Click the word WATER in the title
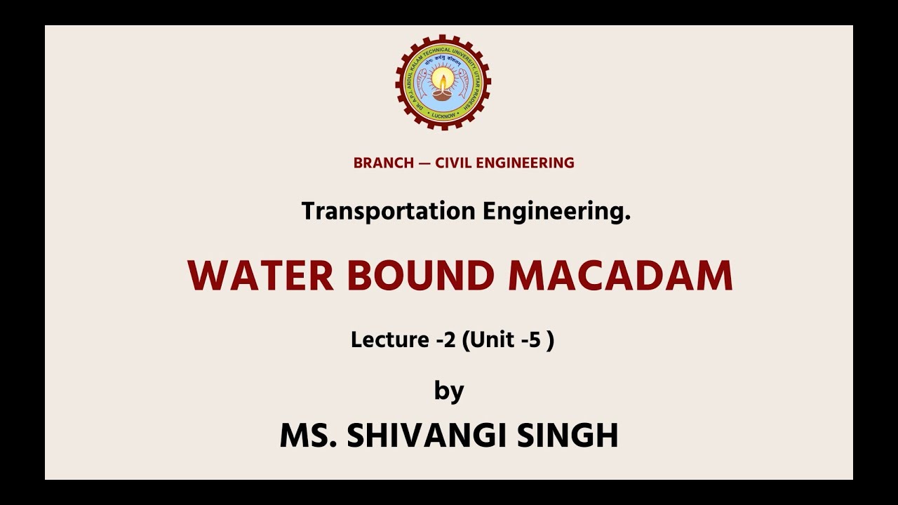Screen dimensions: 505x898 [260, 276]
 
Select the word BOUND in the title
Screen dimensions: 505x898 [421, 276]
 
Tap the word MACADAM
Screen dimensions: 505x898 [620, 276]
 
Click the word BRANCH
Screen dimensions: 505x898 [383, 163]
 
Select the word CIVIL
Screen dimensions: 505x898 [454, 163]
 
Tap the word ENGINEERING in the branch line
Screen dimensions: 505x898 [526, 163]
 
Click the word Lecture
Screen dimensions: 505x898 [389, 340]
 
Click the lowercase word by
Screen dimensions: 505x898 [449, 391]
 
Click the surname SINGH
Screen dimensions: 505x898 [568, 436]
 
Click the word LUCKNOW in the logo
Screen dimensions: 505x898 [443, 115]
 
